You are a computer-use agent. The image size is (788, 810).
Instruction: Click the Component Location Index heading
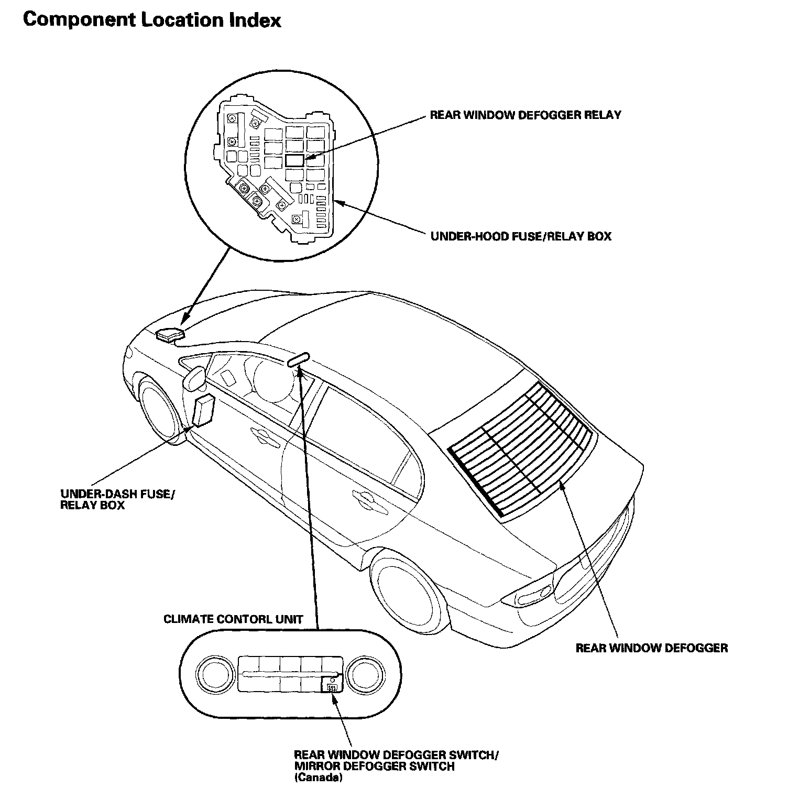tap(152, 20)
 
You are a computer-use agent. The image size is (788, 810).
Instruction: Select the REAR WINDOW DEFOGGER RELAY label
tap(525, 115)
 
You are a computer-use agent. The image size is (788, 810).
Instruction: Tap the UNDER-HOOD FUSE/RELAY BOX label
tap(521, 236)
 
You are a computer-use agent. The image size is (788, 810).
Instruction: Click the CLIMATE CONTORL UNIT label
tap(233, 619)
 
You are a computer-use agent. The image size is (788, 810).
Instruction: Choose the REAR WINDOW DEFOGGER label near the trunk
tap(651, 648)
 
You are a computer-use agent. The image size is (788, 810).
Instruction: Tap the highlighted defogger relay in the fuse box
tap(294, 160)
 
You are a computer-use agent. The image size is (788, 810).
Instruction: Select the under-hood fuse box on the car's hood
tap(170, 334)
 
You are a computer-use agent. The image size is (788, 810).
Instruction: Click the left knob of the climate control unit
tap(215, 673)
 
